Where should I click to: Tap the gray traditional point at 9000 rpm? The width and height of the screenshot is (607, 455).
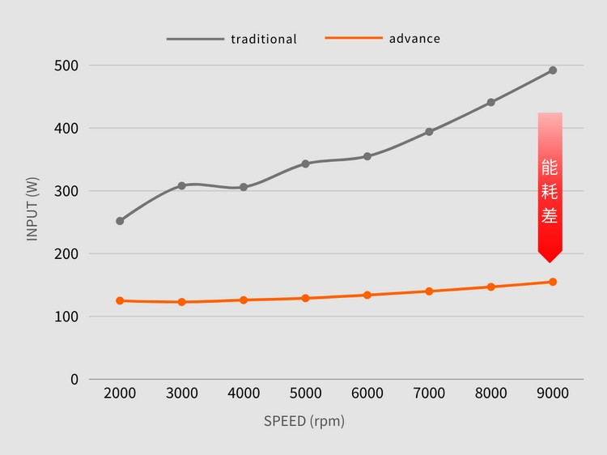point(553,70)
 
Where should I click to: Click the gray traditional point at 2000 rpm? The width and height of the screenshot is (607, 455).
point(120,221)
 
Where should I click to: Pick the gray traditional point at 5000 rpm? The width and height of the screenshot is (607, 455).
point(305,164)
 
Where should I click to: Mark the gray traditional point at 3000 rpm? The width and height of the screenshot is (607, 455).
point(181,185)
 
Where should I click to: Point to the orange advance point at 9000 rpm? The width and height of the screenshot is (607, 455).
point(553,282)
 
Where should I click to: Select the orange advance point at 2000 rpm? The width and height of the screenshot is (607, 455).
point(120,300)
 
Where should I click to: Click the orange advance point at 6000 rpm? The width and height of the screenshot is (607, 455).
point(367,295)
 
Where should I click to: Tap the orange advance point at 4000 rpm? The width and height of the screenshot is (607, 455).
point(244,300)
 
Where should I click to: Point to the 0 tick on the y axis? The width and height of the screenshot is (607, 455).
point(74,379)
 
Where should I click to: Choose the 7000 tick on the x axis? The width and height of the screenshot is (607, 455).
point(429,393)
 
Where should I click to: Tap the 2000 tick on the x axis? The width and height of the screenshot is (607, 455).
point(120,393)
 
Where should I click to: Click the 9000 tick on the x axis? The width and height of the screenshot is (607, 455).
point(553,393)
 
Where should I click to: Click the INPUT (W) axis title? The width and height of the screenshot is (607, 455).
point(33,209)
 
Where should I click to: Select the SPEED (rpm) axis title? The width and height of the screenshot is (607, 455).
point(304,421)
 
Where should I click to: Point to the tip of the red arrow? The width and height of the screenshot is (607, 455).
point(550,262)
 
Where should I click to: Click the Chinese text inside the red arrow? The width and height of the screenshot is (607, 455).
point(550,192)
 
